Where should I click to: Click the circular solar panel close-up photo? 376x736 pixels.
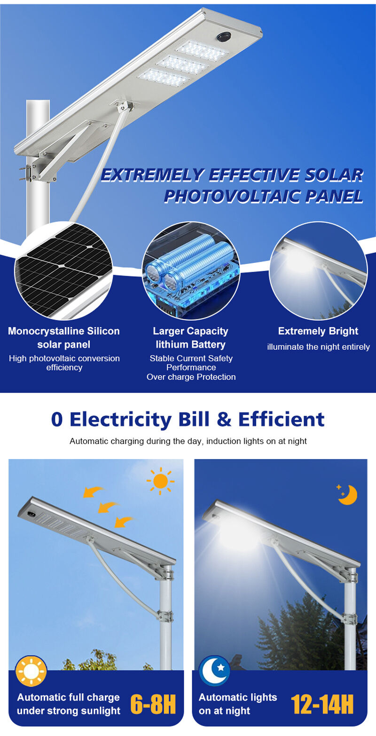[63, 270]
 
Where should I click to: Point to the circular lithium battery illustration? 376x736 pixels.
[191, 270]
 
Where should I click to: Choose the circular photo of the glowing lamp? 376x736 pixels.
[318, 270]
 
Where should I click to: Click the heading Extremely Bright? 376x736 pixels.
[318, 331]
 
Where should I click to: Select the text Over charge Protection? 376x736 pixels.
[191, 377]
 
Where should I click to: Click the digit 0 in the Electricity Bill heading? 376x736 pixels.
[57, 419]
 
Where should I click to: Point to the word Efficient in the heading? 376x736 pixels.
[282, 419]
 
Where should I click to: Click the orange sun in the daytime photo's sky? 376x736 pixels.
[160, 482]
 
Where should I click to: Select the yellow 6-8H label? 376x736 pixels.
[153, 704]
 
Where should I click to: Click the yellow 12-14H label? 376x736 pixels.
[322, 704]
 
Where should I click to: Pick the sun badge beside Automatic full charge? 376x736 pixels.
[31, 671]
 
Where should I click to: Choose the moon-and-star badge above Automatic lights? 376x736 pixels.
[215, 671]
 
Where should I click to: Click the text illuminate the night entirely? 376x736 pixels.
[318, 347]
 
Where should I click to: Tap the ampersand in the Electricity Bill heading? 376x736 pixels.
[224, 419]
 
